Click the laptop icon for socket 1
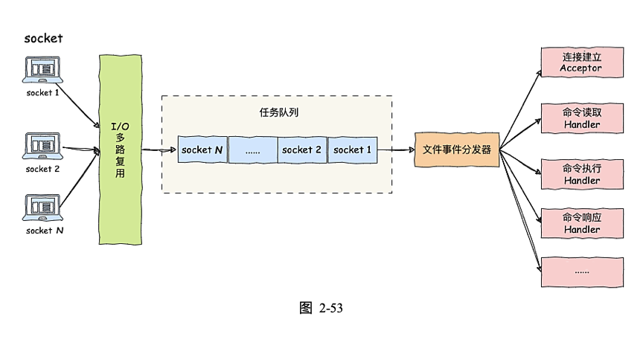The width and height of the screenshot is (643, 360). click(43, 70)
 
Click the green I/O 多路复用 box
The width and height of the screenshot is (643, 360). click(119, 149)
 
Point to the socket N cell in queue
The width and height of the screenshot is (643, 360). click(202, 150)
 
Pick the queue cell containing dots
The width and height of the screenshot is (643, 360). click(252, 150)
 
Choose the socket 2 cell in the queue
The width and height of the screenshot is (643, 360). click(302, 150)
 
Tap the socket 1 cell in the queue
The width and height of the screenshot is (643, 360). click(353, 150)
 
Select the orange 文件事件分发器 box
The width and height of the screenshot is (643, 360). click(457, 150)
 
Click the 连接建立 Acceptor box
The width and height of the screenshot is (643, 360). click(581, 62)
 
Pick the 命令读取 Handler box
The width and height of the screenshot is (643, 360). click(581, 118)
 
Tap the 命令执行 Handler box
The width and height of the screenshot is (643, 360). click(581, 174)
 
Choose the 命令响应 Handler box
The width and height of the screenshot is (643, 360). click(581, 223)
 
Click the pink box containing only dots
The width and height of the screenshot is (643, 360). click(581, 271)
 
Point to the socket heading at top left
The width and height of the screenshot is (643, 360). click(43, 39)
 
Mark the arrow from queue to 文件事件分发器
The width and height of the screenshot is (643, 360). click(396, 150)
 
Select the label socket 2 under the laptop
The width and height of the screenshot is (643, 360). click(43, 169)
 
